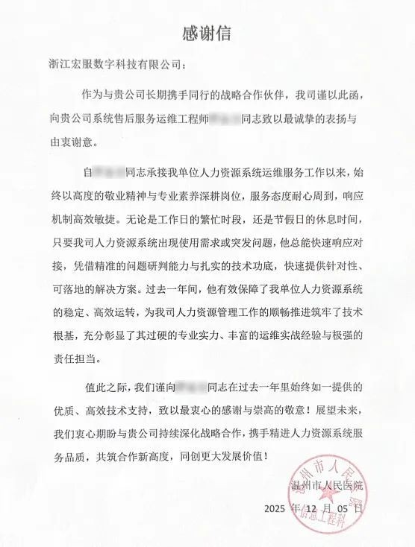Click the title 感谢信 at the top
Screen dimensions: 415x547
tap(207, 33)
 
